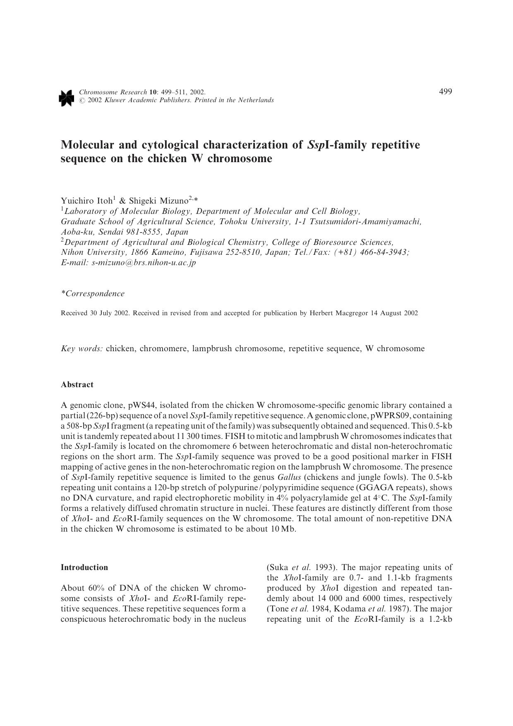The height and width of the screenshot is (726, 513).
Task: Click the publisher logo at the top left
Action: (x=67, y=97)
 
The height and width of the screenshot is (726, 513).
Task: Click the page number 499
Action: (x=445, y=91)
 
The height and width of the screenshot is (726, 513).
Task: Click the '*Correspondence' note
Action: (x=93, y=294)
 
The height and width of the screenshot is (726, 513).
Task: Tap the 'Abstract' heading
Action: (x=77, y=384)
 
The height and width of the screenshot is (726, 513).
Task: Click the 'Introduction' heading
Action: (x=84, y=567)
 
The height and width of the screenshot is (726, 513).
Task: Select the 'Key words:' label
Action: (x=82, y=348)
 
